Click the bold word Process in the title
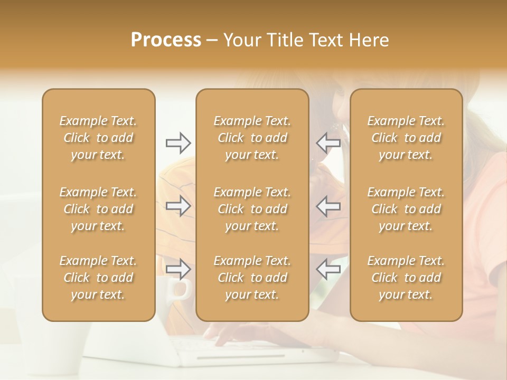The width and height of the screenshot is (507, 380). point(166,40)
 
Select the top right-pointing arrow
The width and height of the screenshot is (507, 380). point(178,142)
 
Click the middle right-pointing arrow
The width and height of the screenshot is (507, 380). point(178,206)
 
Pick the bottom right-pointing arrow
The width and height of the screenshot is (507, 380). point(178,269)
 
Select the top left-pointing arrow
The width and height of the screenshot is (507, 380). point(328,142)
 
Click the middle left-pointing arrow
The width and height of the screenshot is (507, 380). point(328,206)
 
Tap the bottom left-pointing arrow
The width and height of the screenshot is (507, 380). point(328,269)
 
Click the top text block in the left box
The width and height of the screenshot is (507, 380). point(98,138)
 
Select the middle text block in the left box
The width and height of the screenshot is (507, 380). point(98,209)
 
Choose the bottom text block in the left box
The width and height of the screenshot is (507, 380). point(98,278)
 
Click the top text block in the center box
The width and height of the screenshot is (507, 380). point(252,138)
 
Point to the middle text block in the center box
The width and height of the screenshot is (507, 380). point(252,209)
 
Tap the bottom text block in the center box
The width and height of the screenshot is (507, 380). point(252,278)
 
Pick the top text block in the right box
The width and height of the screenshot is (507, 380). point(406,138)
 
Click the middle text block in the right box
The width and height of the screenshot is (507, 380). point(406,209)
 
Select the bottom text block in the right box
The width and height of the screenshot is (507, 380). point(406,278)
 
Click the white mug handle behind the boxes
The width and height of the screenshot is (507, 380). point(183,289)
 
